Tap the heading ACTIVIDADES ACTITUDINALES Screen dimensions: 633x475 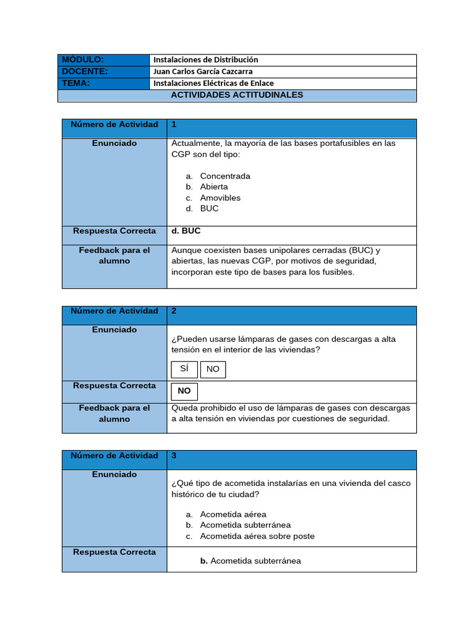pyautogui.click(x=237, y=95)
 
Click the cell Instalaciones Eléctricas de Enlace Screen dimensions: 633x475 pyautogui.click(x=213, y=83)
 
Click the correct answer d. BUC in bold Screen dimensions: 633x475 pyautogui.click(x=186, y=231)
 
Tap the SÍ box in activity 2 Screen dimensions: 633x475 pyautogui.click(x=184, y=369)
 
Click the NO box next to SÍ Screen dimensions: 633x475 pyautogui.click(x=213, y=370)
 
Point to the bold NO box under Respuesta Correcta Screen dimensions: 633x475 pyautogui.click(x=184, y=391)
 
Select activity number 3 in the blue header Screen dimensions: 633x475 pyautogui.click(x=174, y=456)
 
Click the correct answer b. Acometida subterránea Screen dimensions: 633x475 pyautogui.click(x=250, y=561)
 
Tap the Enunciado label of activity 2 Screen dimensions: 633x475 pyautogui.click(x=114, y=330)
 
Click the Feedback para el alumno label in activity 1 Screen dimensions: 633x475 pyautogui.click(x=114, y=256)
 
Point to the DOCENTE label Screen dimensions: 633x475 pyautogui.click(x=85, y=71)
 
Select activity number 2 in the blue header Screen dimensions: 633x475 pyautogui.click(x=174, y=311)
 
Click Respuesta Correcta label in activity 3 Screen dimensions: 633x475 pyautogui.click(x=114, y=552)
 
